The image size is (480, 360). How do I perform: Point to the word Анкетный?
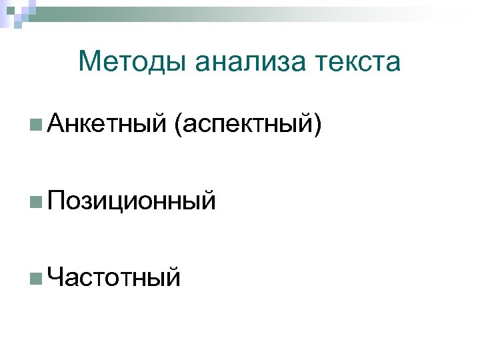pos(106,123)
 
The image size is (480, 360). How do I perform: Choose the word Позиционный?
pos(132,199)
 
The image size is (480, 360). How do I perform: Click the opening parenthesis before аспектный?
pos(178,125)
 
